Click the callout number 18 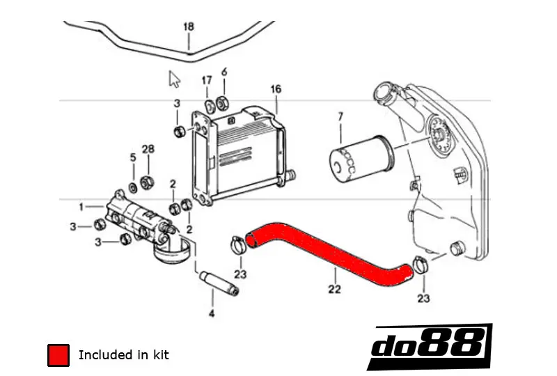[x=188, y=27]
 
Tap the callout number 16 [x=276, y=89]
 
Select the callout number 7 [x=340, y=116]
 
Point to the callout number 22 [x=334, y=289]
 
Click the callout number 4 [x=212, y=314]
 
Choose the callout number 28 [x=148, y=149]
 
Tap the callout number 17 [x=207, y=81]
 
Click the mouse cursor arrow [x=174, y=78]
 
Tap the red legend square [x=58, y=355]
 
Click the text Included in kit [x=123, y=355]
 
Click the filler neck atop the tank [x=386, y=93]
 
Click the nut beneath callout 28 [x=147, y=182]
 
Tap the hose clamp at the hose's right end [x=420, y=265]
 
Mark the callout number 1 [x=81, y=207]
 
